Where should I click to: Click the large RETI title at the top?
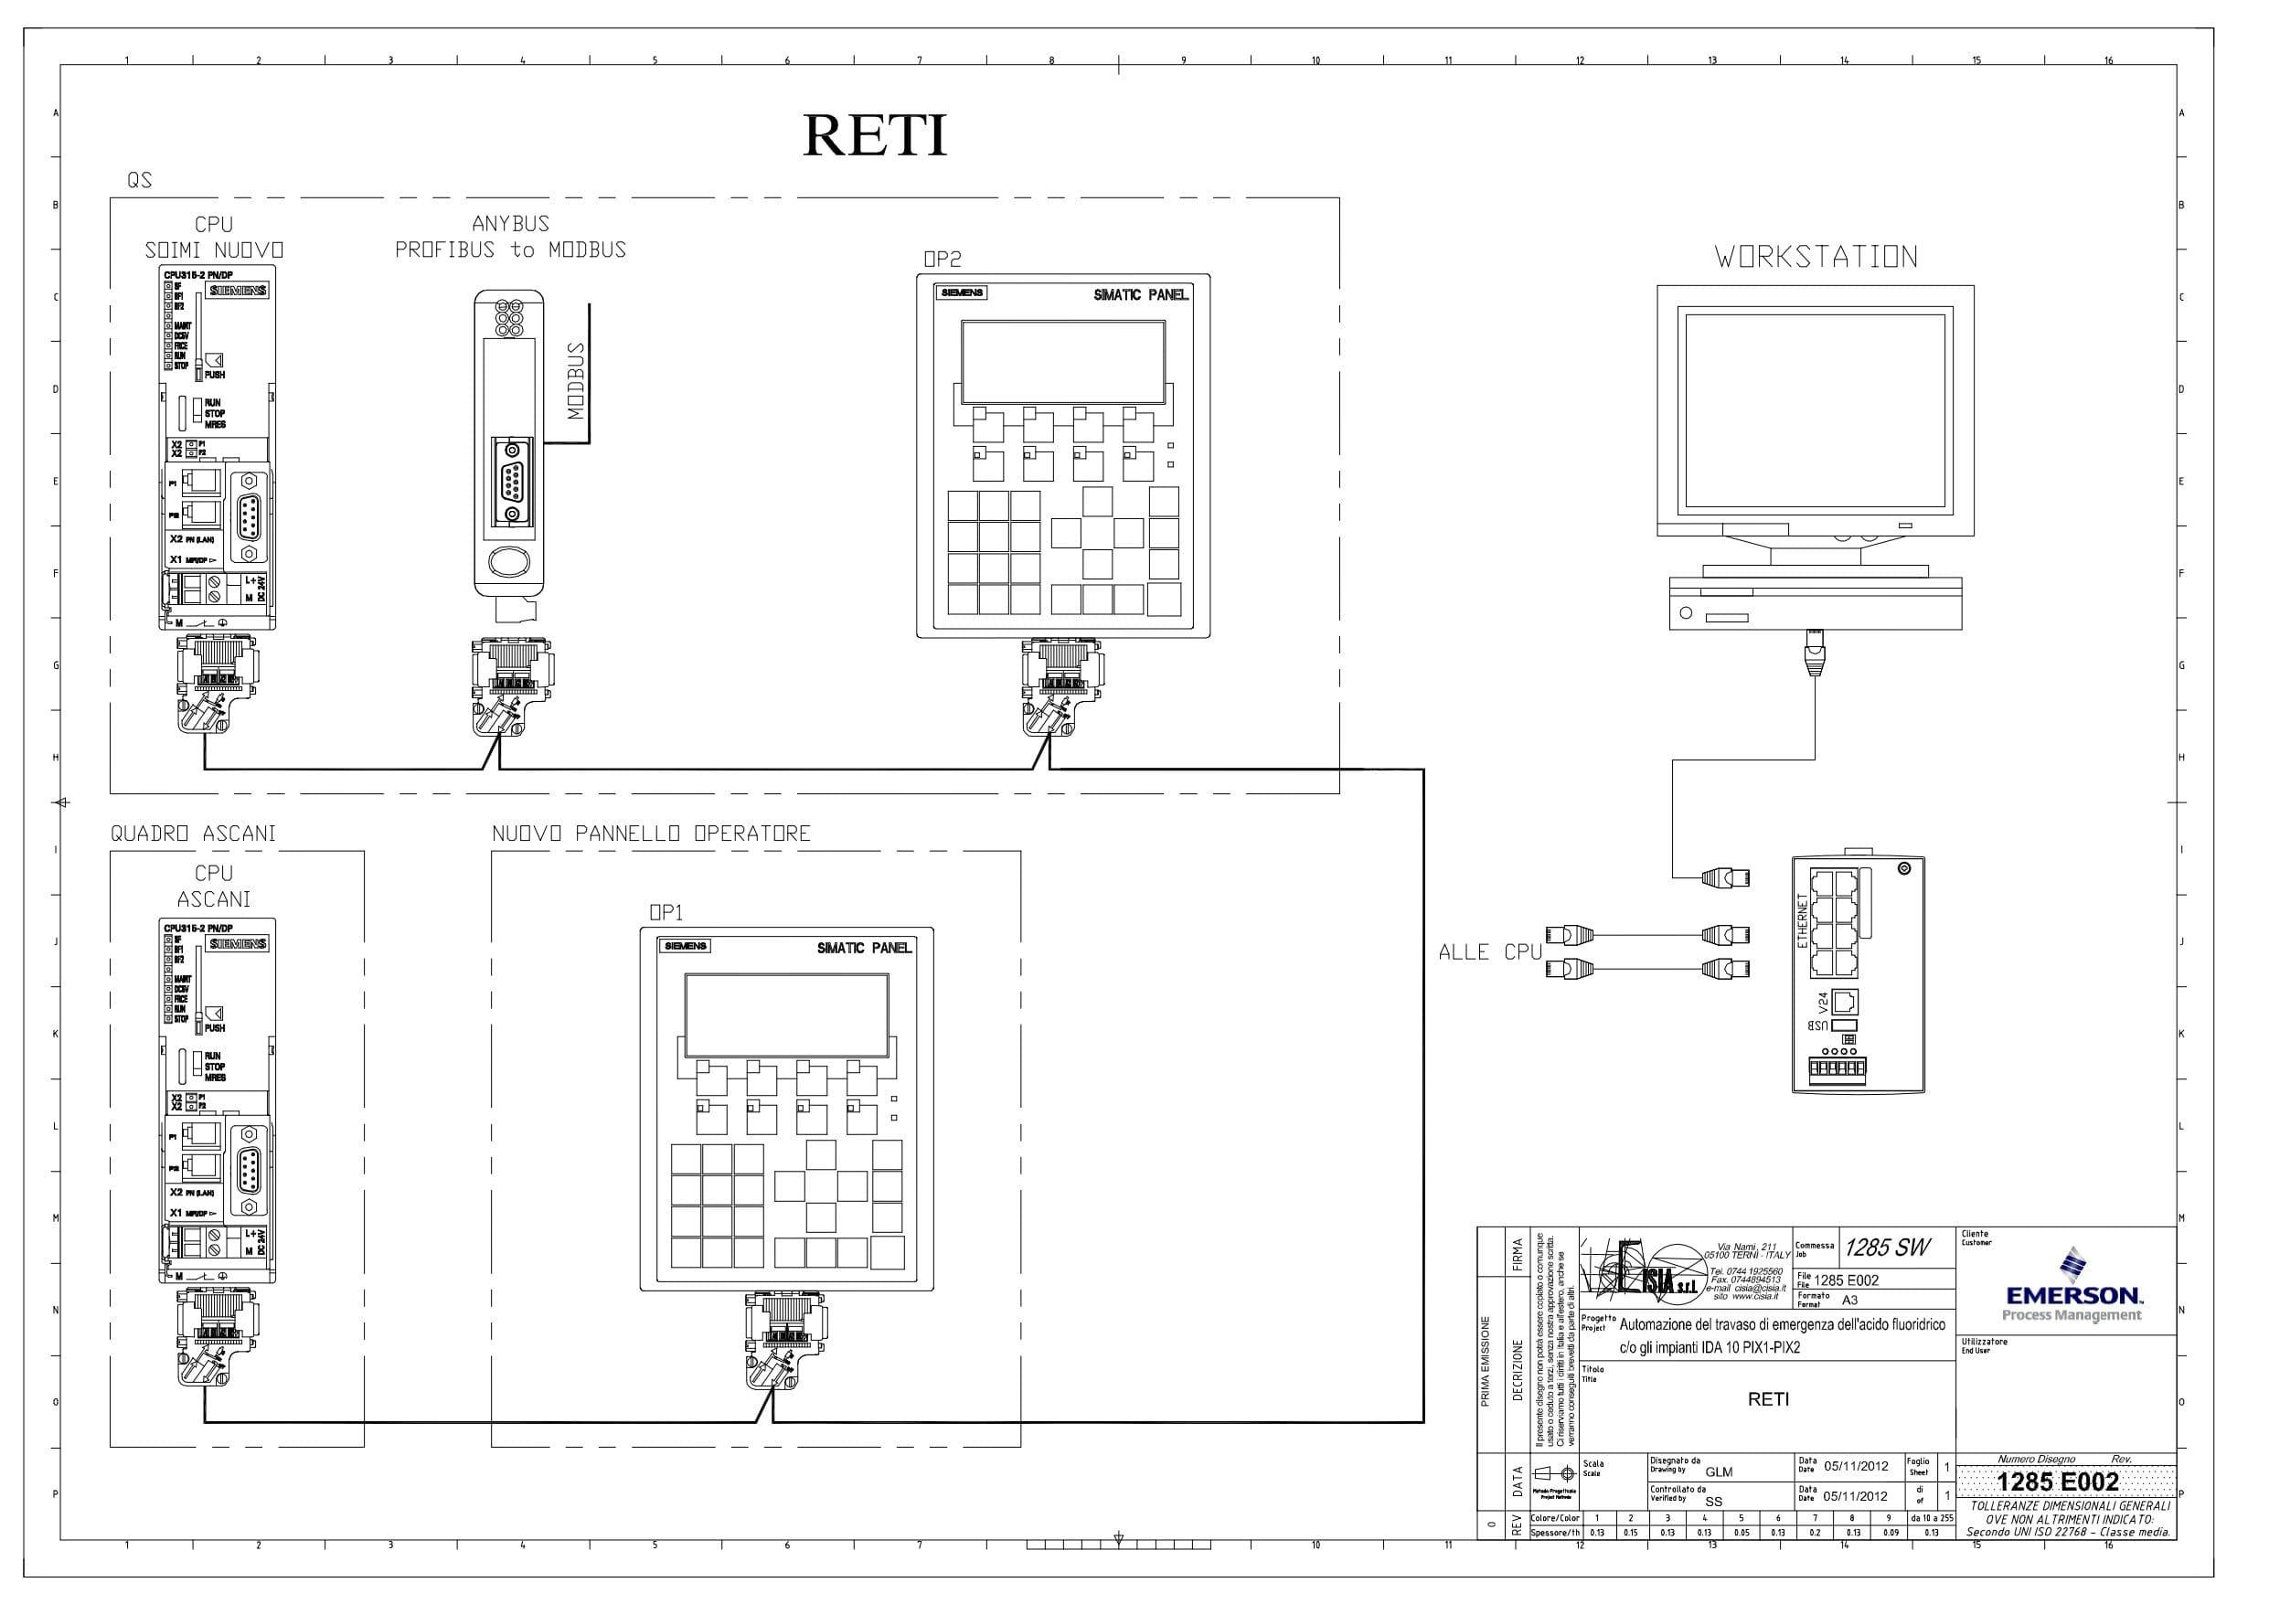[875, 135]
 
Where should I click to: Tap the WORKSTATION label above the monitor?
[1816, 258]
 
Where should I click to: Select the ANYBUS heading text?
[510, 224]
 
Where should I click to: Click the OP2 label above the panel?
[942, 259]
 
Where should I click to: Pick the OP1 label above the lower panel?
[666, 913]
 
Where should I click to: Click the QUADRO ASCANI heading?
[194, 834]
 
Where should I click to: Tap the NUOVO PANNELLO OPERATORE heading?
[651, 834]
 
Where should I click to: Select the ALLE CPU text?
[1489, 952]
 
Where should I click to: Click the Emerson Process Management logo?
[2072, 1288]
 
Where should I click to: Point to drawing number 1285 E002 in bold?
[2058, 1482]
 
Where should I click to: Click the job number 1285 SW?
[1887, 1248]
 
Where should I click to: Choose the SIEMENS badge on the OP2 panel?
[962, 293]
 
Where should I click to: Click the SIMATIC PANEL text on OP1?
[864, 949]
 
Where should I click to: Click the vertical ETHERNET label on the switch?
[1803, 921]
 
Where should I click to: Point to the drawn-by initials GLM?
[1719, 1472]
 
